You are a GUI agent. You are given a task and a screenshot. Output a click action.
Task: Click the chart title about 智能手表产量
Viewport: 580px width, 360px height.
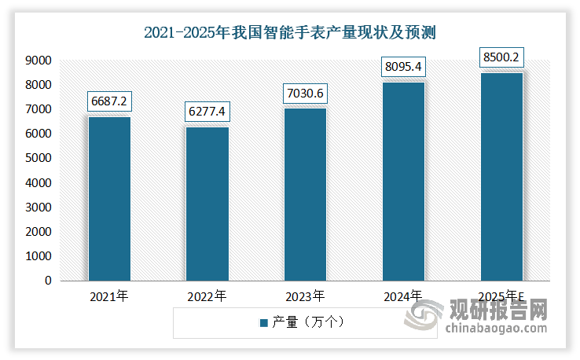[x=290, y=33]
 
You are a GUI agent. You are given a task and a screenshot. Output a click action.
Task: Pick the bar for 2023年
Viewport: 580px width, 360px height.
[x=306, y=194]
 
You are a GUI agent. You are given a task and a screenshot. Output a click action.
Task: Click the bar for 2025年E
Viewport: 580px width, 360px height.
[x=501, y=176]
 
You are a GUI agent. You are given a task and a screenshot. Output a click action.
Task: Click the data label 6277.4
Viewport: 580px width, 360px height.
[x=207, y=113]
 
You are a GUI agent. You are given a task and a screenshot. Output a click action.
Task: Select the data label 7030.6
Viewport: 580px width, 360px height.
[x=306, y=94]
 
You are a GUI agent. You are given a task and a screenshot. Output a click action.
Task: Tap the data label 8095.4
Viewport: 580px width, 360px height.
[x=404, y=68]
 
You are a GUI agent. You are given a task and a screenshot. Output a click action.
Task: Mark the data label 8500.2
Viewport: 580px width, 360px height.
[x=501, y=57]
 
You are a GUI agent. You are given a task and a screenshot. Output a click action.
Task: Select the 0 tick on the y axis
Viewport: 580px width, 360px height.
[x=48, y=281]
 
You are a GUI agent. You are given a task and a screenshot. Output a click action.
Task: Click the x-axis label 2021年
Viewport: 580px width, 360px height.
[x=109, y=297]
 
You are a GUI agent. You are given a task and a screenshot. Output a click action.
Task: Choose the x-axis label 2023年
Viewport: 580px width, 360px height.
[x=306, y=297]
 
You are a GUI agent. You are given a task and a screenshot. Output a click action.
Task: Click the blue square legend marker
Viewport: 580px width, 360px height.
[x=263, y=322]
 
